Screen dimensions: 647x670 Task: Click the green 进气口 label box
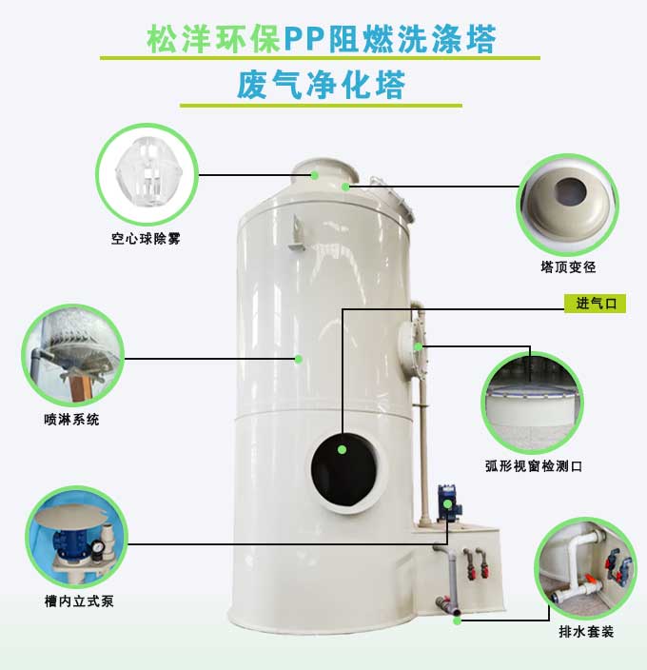point(595,304)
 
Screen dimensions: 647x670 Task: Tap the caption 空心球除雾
point(146,239)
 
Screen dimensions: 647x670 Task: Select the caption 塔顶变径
point(568,267)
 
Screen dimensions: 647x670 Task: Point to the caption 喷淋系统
point(71,419)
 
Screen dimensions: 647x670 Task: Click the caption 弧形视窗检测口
point(534,465)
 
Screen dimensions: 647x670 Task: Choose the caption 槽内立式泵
point(79,601)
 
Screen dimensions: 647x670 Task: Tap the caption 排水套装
point(586,631)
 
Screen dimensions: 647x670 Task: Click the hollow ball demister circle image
point(147,174)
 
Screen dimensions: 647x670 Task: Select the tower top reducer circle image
point(568,205)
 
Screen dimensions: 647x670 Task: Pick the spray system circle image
point(73,355)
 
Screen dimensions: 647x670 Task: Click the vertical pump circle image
point(77,537)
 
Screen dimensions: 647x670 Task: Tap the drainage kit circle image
point(585,568)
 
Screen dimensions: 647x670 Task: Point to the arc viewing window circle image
point(532,403)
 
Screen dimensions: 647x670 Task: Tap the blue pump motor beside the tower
point(449,502)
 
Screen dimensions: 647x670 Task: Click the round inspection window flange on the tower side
point(410,348)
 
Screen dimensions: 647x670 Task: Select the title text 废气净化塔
point(322,85)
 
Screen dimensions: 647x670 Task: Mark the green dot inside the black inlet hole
point(342,449)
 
